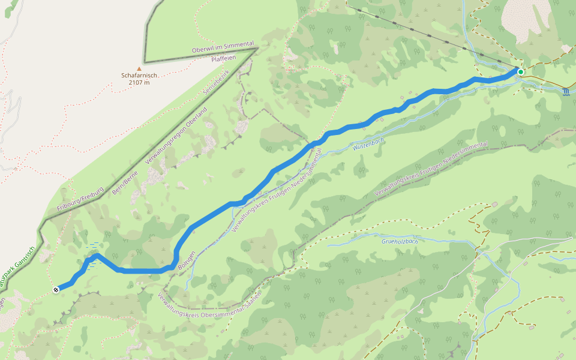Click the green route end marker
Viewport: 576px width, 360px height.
point(521,72)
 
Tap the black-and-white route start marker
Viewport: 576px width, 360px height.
point(56,290)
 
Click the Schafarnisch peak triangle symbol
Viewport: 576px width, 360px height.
point(139,69)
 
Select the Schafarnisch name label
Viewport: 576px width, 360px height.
point(139,76)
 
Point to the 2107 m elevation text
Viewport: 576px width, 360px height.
point(139,83)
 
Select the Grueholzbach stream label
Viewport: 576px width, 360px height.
point(398,241)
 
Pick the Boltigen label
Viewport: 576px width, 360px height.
point(187,260)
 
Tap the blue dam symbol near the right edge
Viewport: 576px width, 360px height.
point(566,92)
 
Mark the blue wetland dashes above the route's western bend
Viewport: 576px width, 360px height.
point(93,245)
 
